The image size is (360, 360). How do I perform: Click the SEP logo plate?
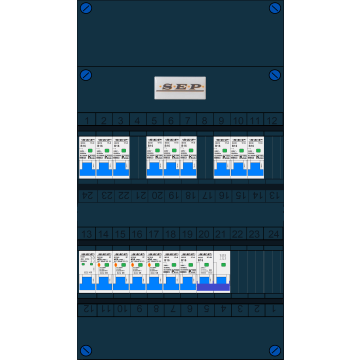(180, 88)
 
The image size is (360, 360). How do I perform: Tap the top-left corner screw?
(86, 8)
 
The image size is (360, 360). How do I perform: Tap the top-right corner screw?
(275, 8)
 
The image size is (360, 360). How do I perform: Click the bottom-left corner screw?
(86, 351)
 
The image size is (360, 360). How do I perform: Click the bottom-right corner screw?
(275, 351)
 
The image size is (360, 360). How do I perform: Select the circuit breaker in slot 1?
(87, 157)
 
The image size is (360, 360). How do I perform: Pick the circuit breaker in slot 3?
(121, 157)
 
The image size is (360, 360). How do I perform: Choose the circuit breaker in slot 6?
(171, 157)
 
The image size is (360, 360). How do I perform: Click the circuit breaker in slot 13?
(87, 271)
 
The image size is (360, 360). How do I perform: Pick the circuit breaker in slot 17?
(154, 271)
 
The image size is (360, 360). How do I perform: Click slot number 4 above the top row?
(137, 121)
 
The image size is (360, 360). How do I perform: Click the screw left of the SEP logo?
(86, 75)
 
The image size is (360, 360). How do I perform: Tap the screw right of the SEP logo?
(275, 75)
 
